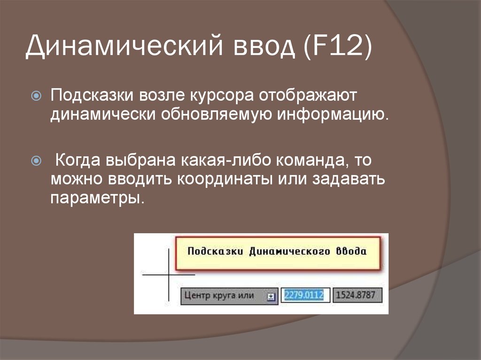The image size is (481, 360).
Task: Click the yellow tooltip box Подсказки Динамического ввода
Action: (x=277, y=252)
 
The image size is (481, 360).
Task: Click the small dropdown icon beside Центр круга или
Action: (x=271, y=297)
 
